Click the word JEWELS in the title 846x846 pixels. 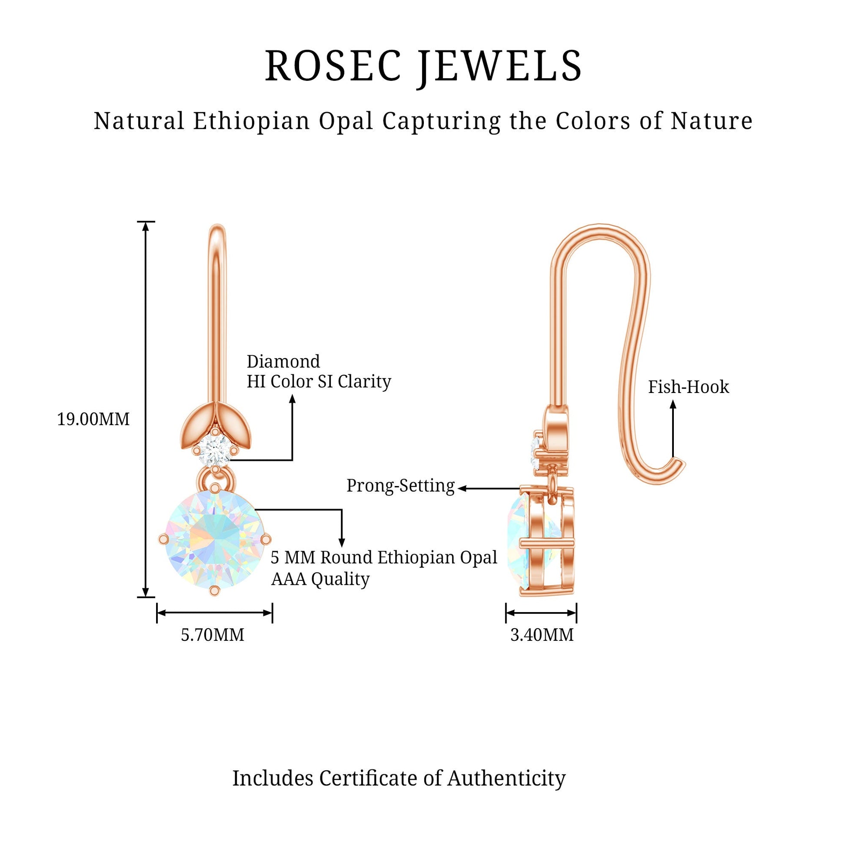click(x=499, y=67)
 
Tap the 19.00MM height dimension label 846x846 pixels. click(x=93, y=420)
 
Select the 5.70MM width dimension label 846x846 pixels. click(x=213, y=635)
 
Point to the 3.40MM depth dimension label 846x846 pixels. click(x=542, y=635)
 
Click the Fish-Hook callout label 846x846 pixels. click(x=688, y=387)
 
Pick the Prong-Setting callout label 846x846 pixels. click(x=401, y=486)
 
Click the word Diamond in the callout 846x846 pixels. click(x=283, y=362)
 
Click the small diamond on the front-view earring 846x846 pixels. click(x=215, y=448)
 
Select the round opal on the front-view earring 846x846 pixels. click(x=215, y=540)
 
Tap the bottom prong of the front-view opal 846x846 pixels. click(x=214, y=591)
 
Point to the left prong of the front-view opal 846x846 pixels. click(x=163, y=540)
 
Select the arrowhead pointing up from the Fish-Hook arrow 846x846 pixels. click(x=673, y=405)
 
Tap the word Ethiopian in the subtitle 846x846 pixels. click(x=252, y=121)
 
